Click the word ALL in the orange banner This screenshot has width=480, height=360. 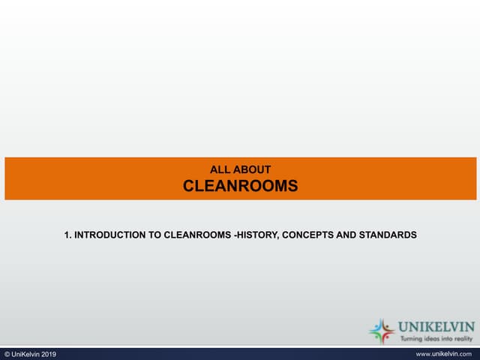point(218,170)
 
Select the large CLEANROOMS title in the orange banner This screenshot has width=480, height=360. point(240,186)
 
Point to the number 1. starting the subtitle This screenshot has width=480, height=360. point(67,235)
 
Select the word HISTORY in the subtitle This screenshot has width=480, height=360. point(257,235)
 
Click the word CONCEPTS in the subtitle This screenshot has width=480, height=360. point(309,235)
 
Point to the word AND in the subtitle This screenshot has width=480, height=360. point(346,235)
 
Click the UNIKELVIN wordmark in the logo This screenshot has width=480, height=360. point(437,327)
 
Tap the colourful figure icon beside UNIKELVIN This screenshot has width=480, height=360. point(382,331)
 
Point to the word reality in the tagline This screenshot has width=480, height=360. point(466,340)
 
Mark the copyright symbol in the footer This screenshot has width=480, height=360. point(7,354)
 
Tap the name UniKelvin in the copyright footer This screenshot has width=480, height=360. point(24,354)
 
